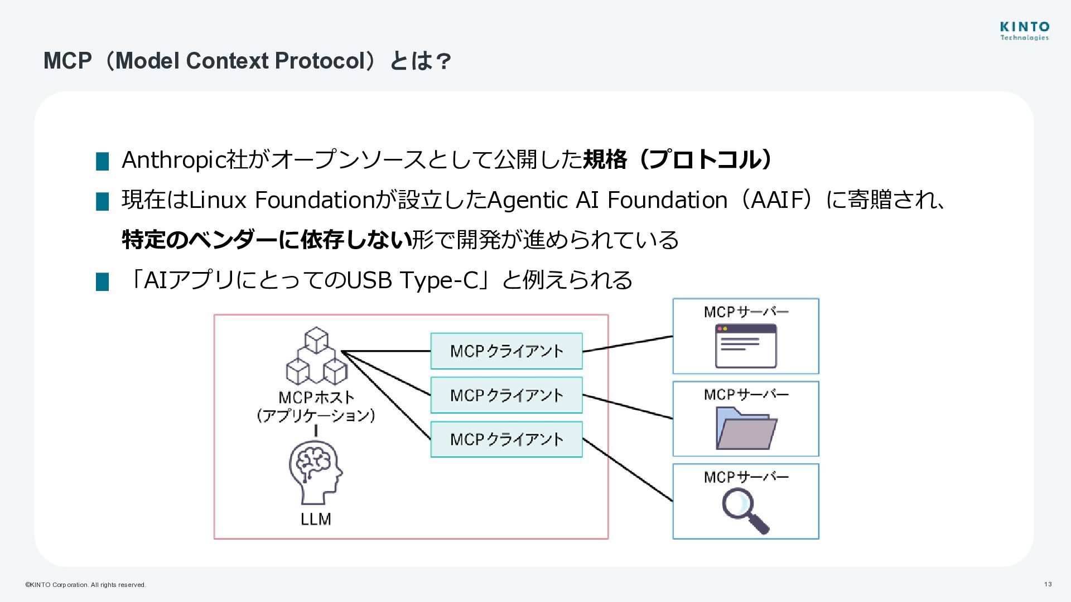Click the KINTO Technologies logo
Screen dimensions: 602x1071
pos(1024,31)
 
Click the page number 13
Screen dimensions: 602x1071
pos(1048,584)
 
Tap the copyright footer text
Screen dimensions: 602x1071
pos(85,585)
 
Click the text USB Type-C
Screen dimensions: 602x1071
pos(413,280)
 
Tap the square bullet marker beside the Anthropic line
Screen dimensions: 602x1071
pos(102,161)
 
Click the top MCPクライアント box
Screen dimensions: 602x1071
pos(506,351)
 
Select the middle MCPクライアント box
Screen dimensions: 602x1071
pos(506,395)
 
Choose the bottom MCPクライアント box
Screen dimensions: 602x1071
pos(506,439)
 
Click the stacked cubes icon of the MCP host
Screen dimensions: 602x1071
pos(316,356)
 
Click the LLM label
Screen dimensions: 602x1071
pos(316,519)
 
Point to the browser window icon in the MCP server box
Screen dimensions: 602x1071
pos(745,346)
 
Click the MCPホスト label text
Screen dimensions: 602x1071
pos(316,397)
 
